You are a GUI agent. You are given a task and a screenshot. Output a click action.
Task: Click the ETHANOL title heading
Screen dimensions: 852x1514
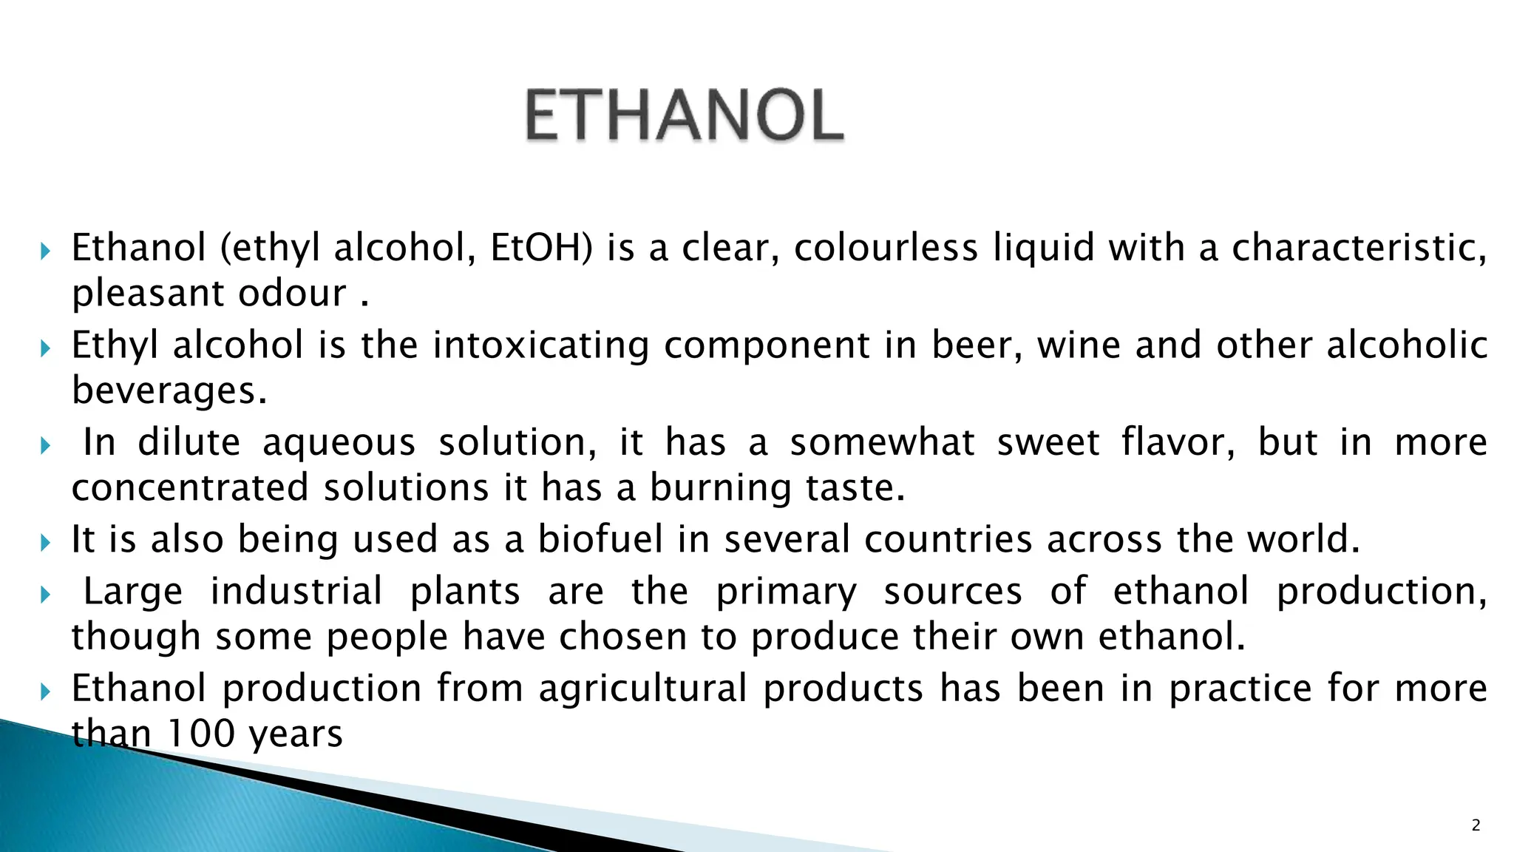point(684,115)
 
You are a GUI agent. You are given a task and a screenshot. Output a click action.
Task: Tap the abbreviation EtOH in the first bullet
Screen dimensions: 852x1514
point(541,248)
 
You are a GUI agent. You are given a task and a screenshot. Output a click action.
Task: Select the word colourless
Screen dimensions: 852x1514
point(886,248)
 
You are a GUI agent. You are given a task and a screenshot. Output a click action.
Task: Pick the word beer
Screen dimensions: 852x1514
point(976,345)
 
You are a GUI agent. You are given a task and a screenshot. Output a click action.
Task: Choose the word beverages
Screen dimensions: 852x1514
point(169,390)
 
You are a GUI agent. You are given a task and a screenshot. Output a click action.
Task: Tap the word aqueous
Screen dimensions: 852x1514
point(339,443)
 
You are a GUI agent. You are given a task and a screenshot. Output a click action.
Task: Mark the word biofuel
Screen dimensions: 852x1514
point(600,539)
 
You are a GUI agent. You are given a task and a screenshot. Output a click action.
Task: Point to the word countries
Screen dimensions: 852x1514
point(948,539)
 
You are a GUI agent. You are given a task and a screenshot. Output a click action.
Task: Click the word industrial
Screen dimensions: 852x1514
point(296,592)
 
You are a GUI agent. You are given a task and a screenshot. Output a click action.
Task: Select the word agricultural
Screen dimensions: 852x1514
point(642,689)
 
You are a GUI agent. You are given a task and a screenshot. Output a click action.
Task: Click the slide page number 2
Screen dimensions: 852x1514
point(1476,825)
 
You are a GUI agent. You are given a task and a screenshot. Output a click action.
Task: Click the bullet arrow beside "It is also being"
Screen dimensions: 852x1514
point(45,543)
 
